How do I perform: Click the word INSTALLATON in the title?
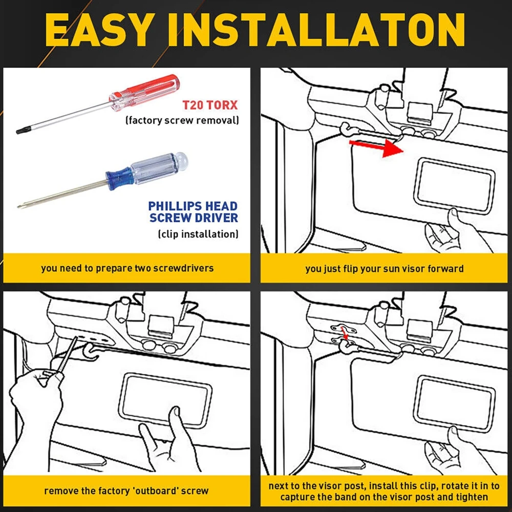coord(316,30)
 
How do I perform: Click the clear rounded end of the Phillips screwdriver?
coord(180,160)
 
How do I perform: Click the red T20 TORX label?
coord(210,105)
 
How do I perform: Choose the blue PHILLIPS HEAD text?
coord(193,206)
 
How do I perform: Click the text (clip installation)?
coord(198,234)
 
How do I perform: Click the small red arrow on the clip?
coord(344,334)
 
